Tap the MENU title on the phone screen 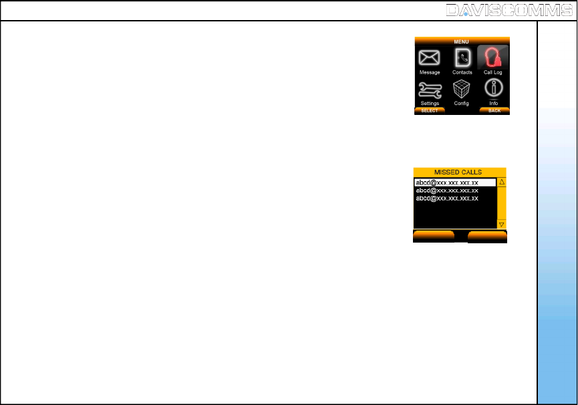462,41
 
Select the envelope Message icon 429,57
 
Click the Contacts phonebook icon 462,57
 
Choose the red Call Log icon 493,57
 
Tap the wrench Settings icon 429,89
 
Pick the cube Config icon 462,89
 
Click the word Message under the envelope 430,72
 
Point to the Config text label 462,104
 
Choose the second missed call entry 447,190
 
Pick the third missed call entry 447,198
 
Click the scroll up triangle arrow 502,182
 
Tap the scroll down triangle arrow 502,224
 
